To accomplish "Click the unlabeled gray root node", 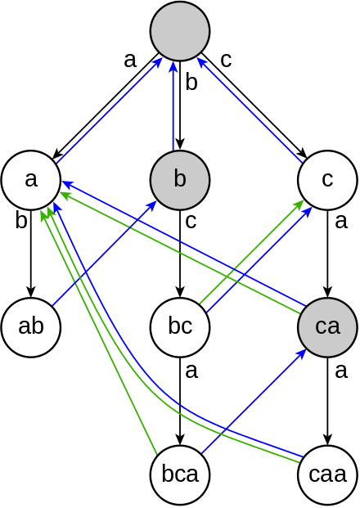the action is [x=180, y=31].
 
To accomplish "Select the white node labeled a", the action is [x=31, y=179].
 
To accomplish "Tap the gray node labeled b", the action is [x=180, y=179].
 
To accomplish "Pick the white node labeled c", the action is [x=327, y=179].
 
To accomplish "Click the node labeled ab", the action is [x=31, y=327].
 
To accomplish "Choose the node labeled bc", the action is [x=180, y=327].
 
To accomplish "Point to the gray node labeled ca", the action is [x=327, y=327].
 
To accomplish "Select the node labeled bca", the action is [x=180, y=474].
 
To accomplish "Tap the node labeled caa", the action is [x=327, y=474].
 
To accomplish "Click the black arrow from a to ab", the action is [x=31, y=254].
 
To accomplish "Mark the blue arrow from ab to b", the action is [x=105, y=253].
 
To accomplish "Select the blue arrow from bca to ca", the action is [x=254, y=401].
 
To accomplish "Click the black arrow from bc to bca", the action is [x=180, y=401].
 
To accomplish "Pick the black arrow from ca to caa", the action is [x=327, y=401].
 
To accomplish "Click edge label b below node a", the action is [x=21, y=221].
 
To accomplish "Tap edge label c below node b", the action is [x=191, y=221].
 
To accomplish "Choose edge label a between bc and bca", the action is [x=191, y=371].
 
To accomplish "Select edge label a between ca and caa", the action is [x=341, y=371].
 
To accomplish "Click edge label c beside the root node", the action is [x=226, y=61].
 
